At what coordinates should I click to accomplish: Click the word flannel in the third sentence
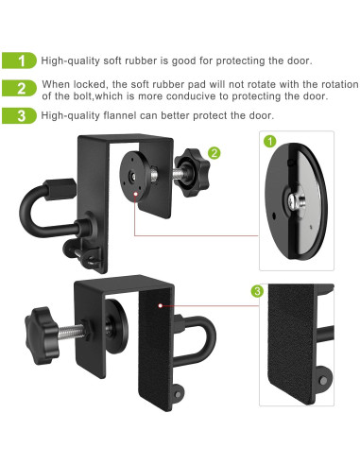(x=122, y=115)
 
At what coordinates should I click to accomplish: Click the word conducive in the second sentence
(x=197, y=95)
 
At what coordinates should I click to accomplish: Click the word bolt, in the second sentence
(x=93, y=95)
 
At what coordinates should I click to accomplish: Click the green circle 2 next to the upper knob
(x=214, y=151)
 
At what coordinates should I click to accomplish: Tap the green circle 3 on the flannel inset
(x=257, y=291)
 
